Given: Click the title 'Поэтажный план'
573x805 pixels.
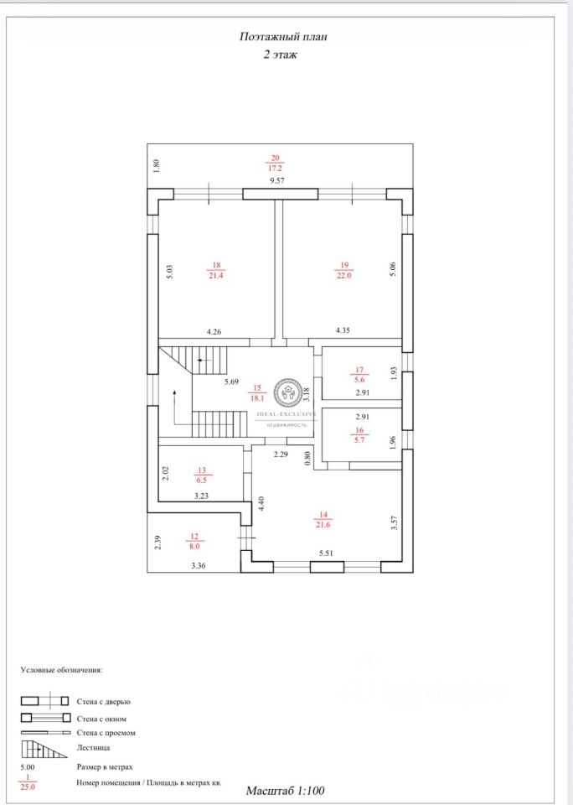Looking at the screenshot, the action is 279,37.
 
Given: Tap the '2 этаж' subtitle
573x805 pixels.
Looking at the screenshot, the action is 280,55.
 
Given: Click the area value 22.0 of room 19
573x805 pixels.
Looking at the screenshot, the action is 343,276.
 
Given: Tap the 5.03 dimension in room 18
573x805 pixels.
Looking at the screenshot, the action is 169,272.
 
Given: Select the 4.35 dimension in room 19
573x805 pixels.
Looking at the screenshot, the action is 343,330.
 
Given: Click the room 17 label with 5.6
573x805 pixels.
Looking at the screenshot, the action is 359,374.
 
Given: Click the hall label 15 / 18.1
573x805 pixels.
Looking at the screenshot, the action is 257,392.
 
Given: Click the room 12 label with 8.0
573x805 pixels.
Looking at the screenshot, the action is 194,541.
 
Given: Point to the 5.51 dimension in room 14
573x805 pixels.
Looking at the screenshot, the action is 327,554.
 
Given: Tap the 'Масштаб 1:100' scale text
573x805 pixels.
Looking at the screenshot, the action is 284,790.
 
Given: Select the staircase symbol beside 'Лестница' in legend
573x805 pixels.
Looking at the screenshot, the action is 44,748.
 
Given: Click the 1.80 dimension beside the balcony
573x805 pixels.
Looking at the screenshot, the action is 156,166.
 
